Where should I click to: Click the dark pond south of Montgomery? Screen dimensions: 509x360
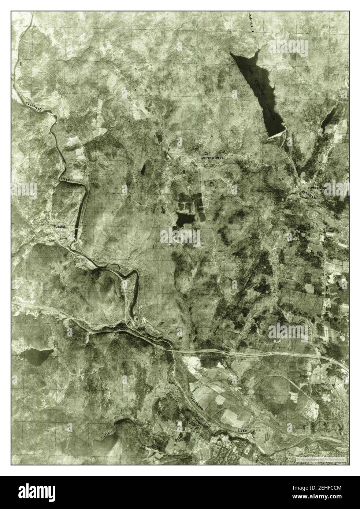pyautogui.click(x=183, y=219)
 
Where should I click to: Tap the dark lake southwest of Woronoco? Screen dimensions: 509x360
pyautogui.click(x=37, y=357)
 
